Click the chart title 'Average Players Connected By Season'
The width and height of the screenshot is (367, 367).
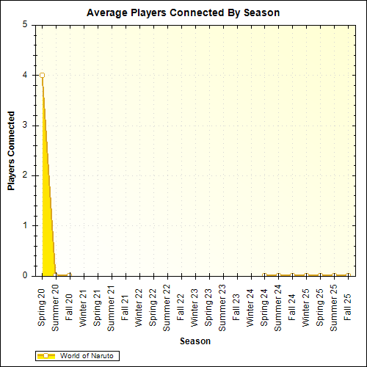(x=183, y=12)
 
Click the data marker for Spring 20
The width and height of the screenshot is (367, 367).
(x=42, y=75)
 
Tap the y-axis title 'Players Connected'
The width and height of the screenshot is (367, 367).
(x=12, y=150)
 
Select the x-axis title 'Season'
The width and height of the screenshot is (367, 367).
(x=196, y=341)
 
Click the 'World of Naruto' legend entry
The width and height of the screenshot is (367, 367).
(x=76, y=356)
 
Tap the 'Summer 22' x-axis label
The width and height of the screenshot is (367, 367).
(x=167, y=308)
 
